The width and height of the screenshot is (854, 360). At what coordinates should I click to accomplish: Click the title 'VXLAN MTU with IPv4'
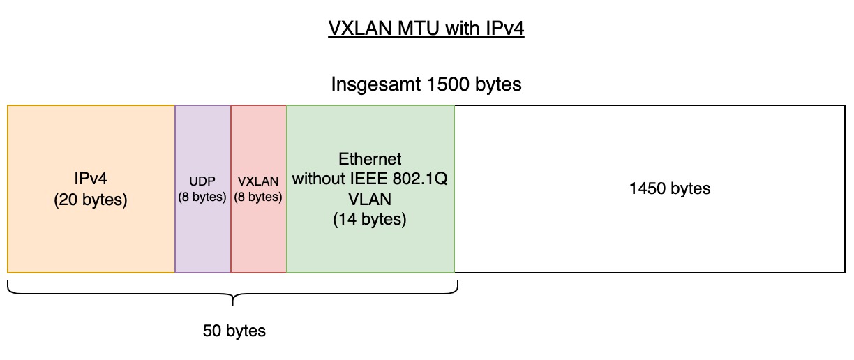[x=426, y=28]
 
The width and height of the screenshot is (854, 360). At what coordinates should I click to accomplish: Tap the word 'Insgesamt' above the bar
[x=376, y=84]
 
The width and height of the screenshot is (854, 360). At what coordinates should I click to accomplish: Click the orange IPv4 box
[x=91, y=189]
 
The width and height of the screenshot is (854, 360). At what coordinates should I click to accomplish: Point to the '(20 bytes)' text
[x=91, y=200]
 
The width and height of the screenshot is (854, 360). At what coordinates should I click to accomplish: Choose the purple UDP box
[x=203, y=189]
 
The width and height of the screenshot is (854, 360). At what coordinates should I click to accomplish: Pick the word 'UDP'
[x=202, y=181]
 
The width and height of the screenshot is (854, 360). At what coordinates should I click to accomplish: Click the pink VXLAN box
[x=258, y=189]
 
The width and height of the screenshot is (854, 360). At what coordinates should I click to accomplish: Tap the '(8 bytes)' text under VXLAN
[x=258, y=197]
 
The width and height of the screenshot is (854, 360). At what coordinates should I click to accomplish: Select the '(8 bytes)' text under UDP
[x=202, y=197]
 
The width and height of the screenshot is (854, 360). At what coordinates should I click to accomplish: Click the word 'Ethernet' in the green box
[x=370, y=159]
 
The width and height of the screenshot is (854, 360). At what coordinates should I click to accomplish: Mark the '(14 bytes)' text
[x=370, y=219]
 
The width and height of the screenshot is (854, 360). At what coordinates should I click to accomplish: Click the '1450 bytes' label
[x=670, y=189]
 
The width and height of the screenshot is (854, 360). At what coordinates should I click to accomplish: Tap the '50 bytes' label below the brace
[x=234, y=331]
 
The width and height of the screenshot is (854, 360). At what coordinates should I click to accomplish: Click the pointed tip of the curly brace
[x=232, y=306]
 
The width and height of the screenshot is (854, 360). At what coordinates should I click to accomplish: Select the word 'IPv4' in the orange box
[x=91, y=179]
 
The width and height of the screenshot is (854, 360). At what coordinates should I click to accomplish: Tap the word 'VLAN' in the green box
[x=370, y=199]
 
